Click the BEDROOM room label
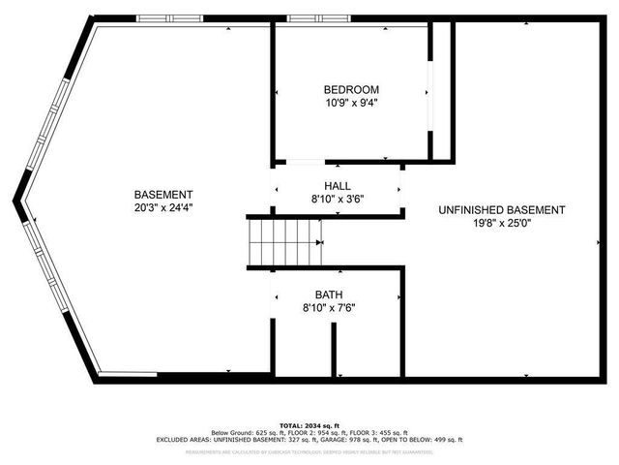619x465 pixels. (351, 89)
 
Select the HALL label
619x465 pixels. (338, 185)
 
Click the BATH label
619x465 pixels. (328, 294)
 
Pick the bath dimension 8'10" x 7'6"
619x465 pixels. (328, 308)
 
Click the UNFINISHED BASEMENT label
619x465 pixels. (501, 209)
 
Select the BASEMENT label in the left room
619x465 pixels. (163, 194)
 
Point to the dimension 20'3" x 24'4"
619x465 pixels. (163, 207)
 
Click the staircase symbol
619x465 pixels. (284, 241)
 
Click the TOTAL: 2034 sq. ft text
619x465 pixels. (309, 425)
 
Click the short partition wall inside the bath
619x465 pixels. (335, 349)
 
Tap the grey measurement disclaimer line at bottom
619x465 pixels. (309, 451)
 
